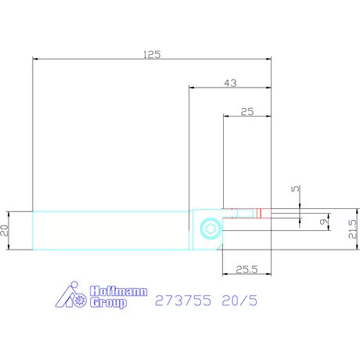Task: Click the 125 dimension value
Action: [152, 55]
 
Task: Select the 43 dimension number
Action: [231, 83]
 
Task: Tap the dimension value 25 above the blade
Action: [247, 112]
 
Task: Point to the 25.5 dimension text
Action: [247, 269]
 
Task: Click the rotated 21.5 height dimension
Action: [352, 229]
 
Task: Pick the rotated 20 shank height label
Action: [5, 230]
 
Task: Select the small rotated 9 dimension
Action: [324, 221]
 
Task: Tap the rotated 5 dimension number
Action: [296, 189]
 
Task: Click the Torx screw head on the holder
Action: [211, 229]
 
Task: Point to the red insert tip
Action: [264, 213]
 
